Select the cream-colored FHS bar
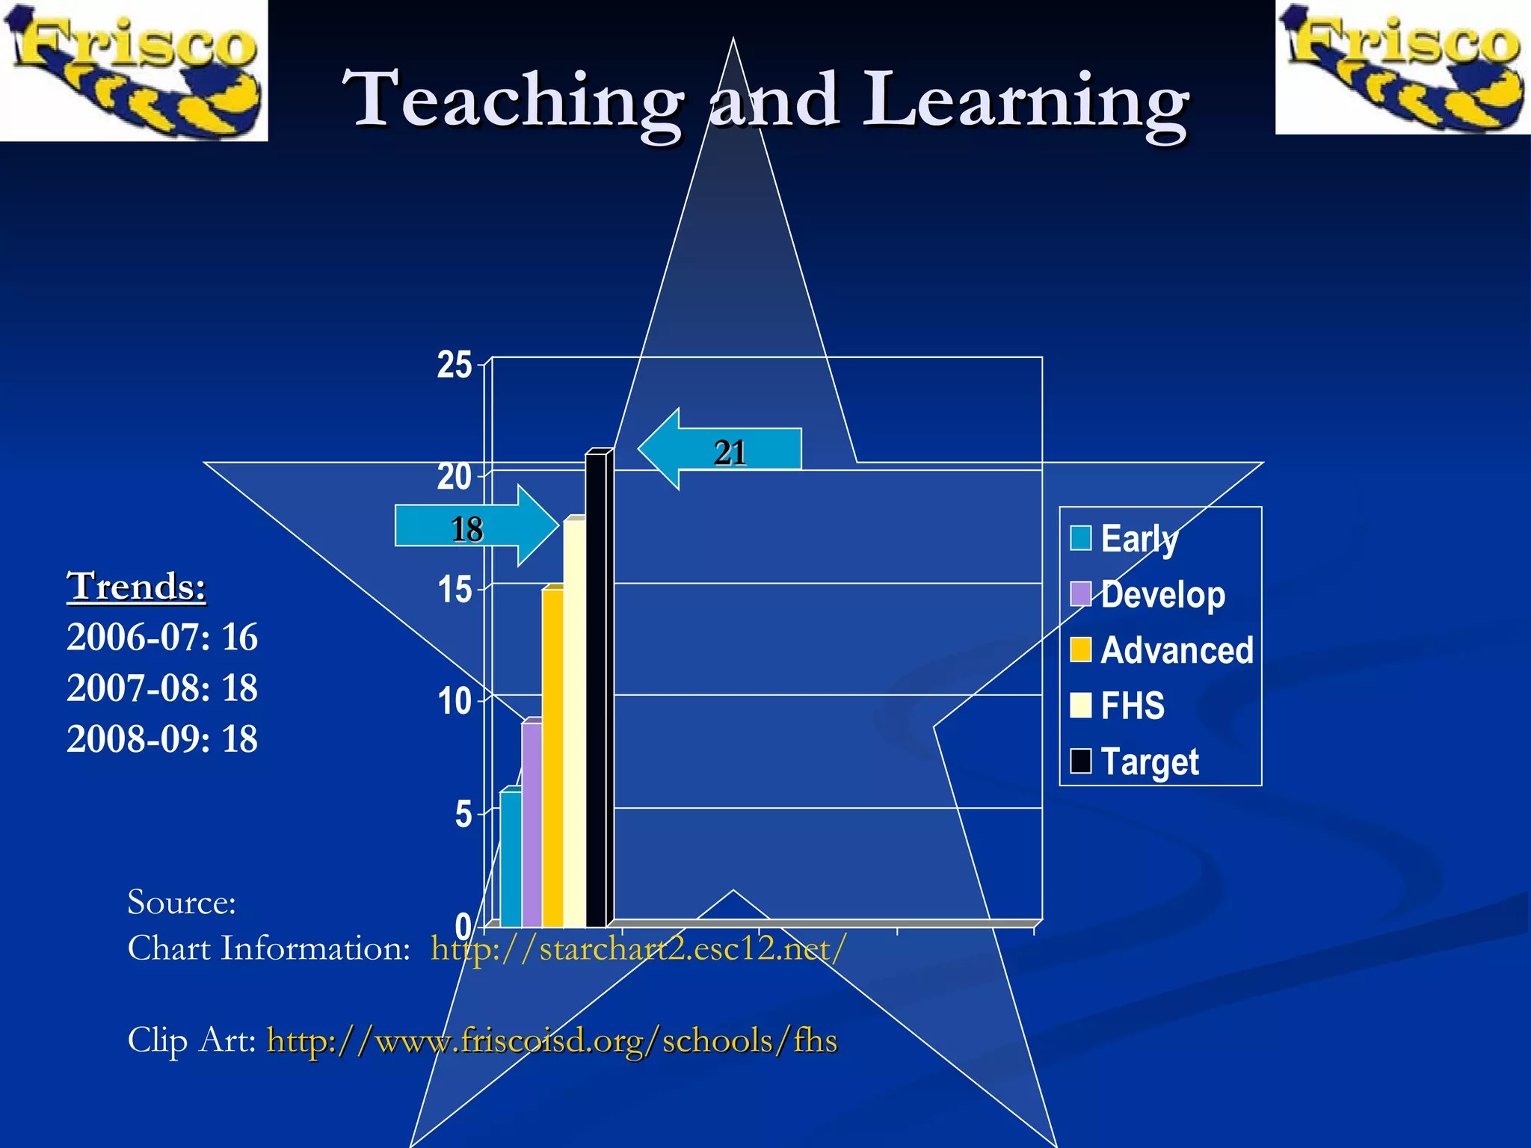point(574,721)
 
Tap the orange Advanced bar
point(552,755)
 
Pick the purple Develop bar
point(532,822)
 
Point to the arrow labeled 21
point(721,450)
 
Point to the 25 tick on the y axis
point(455,365)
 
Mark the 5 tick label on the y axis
point(463,814)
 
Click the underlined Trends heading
point(136,585)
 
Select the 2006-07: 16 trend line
point(162,638)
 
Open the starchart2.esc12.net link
point(638,949)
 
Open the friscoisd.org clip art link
point(552,1040)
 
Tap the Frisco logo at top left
point(133,70)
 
